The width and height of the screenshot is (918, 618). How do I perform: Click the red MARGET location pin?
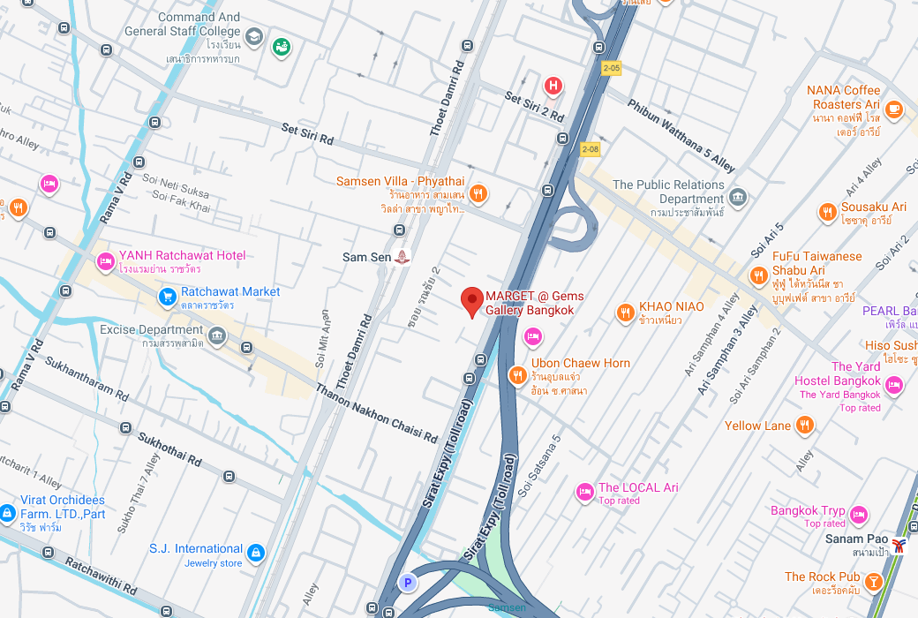tap(472, 301)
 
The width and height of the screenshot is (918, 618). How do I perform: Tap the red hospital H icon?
tap(553, 86)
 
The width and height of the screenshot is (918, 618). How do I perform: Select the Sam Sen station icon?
tap(403, 257)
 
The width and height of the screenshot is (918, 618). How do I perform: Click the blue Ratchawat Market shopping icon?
tap(167, 298)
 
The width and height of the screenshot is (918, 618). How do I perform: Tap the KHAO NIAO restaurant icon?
tap(625, 313)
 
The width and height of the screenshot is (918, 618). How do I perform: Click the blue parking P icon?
tap(407, 582)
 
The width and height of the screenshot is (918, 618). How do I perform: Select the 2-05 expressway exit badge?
tap(612, 67)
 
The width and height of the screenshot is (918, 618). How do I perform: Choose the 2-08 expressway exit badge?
tap(590, 149)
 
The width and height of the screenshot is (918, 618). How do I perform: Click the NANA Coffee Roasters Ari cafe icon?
tap(894, 109)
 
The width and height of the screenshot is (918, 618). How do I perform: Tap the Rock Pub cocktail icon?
tap(873, 582)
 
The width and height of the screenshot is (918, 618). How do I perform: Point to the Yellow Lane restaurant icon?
tap(804, 426)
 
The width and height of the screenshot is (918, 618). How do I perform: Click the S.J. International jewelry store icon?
tap(256, 554)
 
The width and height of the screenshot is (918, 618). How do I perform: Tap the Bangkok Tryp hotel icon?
tap(858, 516)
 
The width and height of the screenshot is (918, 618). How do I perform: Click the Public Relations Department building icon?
tap(739, 197)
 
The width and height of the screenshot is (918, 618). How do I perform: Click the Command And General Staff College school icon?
tap(254, 36)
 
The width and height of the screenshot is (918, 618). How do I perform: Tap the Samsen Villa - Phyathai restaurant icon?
tap(478, 193)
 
